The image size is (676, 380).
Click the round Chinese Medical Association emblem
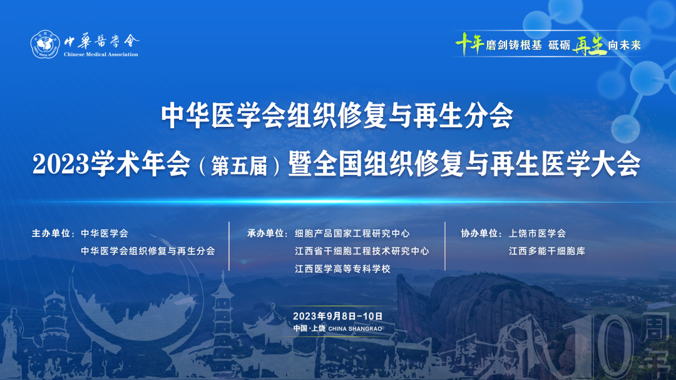coord(45,44)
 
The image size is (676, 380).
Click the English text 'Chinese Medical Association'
coord(101,54)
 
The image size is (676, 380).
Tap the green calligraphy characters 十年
coord(469,44)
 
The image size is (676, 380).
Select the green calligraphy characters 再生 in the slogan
coord(589,44)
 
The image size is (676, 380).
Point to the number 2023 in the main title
coord(60,164)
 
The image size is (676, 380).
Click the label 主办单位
coord(51,233)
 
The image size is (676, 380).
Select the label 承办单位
coord(265,233)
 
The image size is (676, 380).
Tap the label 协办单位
coord(480,233)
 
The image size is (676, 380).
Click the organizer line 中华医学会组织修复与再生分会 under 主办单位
coord(148,251)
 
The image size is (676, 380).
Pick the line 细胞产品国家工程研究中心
coord(352,233)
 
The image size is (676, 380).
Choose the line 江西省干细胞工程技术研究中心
coord(362,251)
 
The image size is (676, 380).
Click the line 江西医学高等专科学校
coord(343,269)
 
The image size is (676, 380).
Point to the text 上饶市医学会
coord(537,233)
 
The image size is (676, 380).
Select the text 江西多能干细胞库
coord(547,251)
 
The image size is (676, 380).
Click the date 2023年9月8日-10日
coord(337,316)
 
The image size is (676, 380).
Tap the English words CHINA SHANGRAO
coord(356,329)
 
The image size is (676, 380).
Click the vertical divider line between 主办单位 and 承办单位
coord(229,246)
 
